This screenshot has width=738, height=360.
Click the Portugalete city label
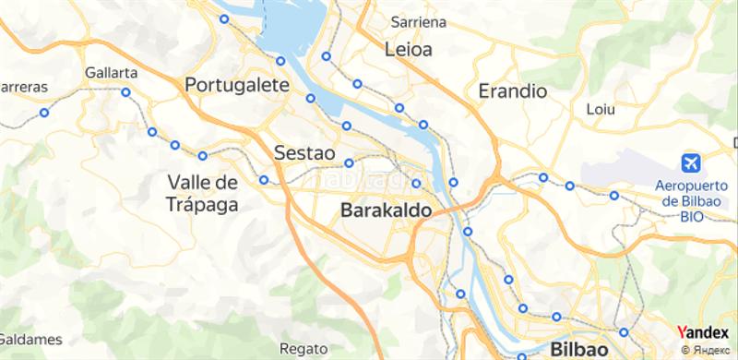pos(238,85)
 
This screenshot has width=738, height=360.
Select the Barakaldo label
pos(386,211)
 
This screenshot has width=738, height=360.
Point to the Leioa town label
pos(408,48)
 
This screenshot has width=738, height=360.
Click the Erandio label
pos(514,91)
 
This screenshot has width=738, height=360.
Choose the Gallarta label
pos(111,72)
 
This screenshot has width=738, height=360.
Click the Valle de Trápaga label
pos(204,192)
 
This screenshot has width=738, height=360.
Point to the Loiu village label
pos(601,109)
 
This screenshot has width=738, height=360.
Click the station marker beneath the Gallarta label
pos(125,91)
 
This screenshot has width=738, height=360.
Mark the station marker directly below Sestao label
pos(350,163)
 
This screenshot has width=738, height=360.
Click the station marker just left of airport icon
pos(614,195)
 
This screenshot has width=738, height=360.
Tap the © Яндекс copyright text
pos(707,350)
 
